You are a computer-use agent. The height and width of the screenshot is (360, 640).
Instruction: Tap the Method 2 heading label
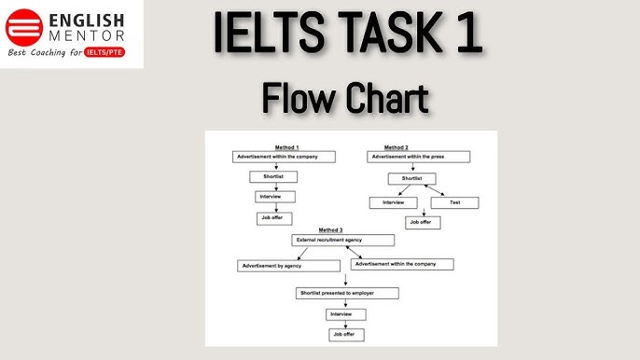pos(396,147)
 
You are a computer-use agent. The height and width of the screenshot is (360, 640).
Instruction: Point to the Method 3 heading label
pos(330,229)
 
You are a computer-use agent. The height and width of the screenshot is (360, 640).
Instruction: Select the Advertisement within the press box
pos(418,157)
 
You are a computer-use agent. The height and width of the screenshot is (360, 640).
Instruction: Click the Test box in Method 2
pos(455,202)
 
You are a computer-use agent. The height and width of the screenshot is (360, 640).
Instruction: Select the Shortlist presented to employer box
pos(348,293)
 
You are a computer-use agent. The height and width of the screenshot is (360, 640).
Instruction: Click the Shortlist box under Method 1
pos(274,177)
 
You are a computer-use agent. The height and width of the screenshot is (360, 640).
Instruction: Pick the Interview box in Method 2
pos(393,202)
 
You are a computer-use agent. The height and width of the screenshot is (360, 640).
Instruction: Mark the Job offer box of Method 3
pos(343,334)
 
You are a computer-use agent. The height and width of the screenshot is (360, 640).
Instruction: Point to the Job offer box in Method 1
pos(274,218)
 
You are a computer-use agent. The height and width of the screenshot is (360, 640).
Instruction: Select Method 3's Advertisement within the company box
pos(402,264)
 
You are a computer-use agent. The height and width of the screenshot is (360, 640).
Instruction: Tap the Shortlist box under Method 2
pos(411,177)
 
